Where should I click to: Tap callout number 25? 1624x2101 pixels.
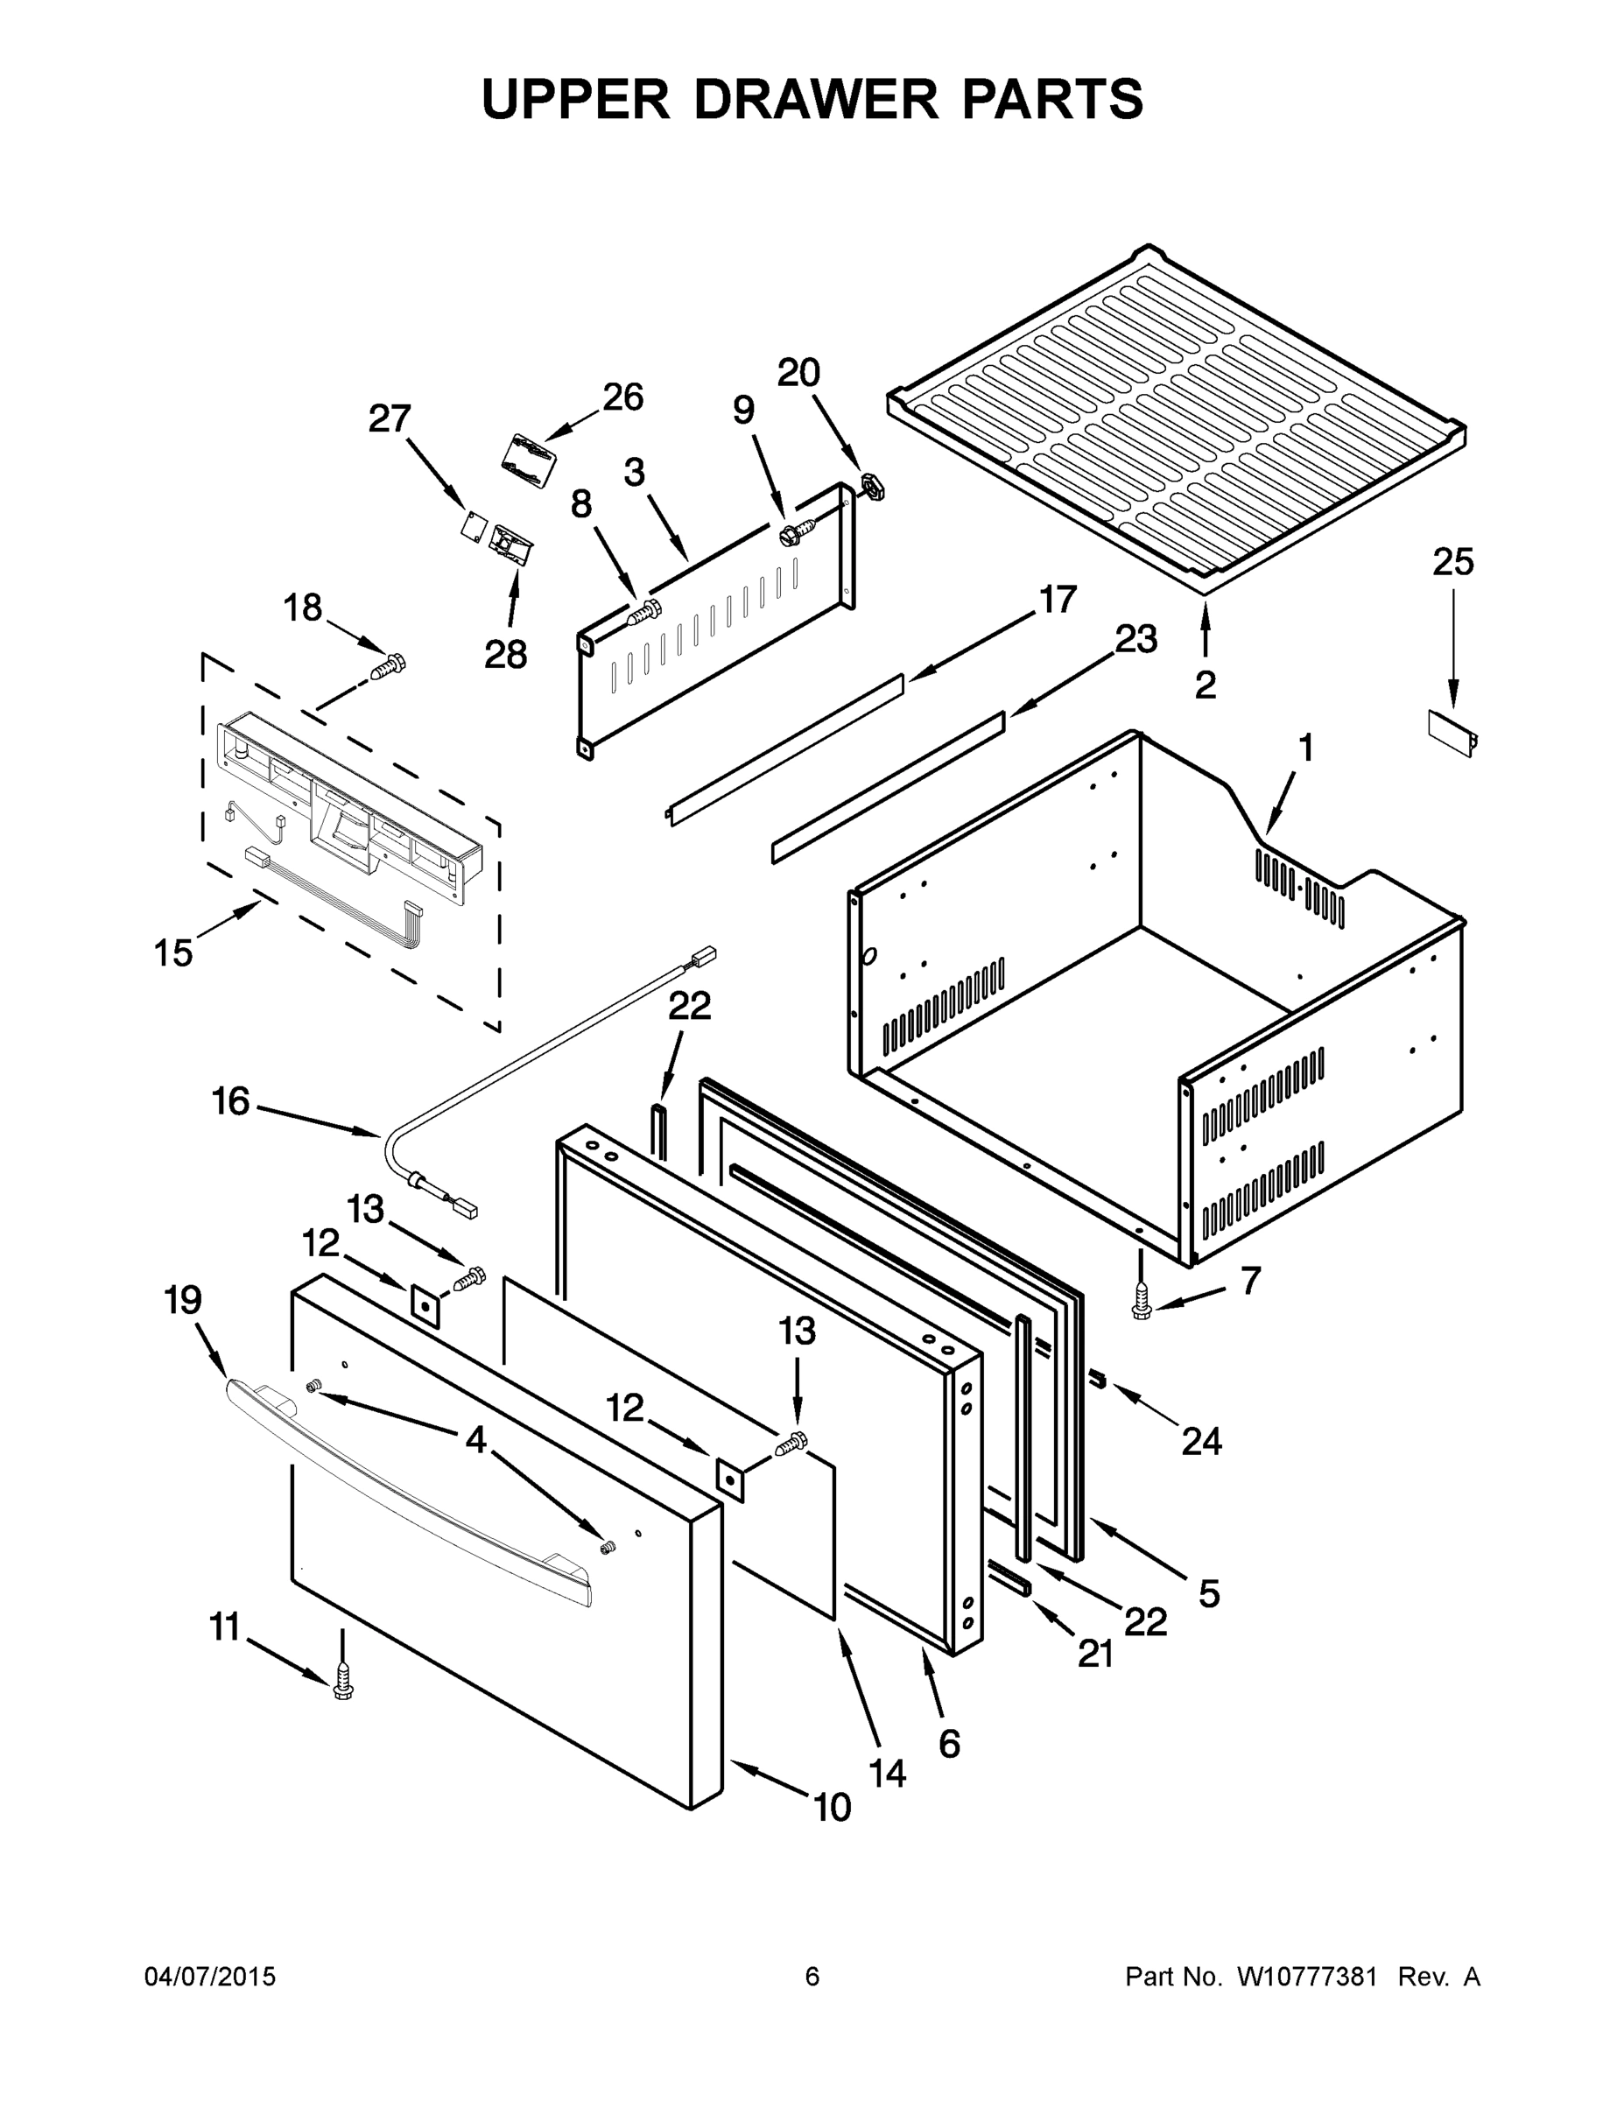click(1452, 562)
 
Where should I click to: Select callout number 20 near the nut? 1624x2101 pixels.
click(798, 373)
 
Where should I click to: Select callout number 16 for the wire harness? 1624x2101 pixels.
click(231, 1101)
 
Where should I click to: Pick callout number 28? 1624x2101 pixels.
click(506, 654)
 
